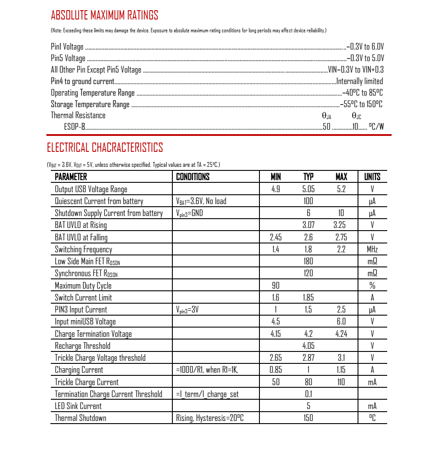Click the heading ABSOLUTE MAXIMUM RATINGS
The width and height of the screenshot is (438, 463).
pyautogui.click(x=104, y=15)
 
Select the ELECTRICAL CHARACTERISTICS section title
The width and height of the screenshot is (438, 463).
pyautogui.click(x=105, y=147)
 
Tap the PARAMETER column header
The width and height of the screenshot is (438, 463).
pyautogui.click(x=71, y=177)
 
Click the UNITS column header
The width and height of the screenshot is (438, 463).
pyautogui.click(x=372, y=177)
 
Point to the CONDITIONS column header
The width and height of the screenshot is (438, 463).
pyautogui.click(x=193, y=177)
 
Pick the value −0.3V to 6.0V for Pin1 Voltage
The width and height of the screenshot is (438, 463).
pyautogui.click(x=366, y=46)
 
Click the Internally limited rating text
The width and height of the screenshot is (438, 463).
pyautogui.click(x=360, y=81)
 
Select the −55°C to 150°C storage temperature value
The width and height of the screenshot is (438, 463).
pyautogui.click(x=361, y=104)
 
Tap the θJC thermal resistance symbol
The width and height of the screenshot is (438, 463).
pyautogui.click(x=356, y=116)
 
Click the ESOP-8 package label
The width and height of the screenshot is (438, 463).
pyautogui.click(x=74, y=127)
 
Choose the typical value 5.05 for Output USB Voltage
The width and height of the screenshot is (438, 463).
pyautogui.click(x=309, y=189)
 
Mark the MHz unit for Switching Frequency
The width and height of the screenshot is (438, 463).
pyautogui.click(x=372, y=249)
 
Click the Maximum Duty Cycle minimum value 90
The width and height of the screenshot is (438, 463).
pyautogui.click(x=276, y=286)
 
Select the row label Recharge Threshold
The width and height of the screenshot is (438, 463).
pyautogui.click(x=83, y=346)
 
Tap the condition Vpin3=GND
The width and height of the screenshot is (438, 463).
pyautogui.click(x=190, y=213)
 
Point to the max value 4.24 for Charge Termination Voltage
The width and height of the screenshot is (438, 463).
pyautogui.click(x=341, y=334)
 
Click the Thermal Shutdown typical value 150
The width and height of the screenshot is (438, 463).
pyautogui.click(x=309, y=418)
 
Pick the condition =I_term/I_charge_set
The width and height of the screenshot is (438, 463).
pyautogui.click(x=207, y=394)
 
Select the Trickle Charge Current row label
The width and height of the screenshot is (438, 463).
pyautogui.click(x=87, y=382)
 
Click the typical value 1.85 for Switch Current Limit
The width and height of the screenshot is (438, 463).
pyautogui.click(x=309, y=297)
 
